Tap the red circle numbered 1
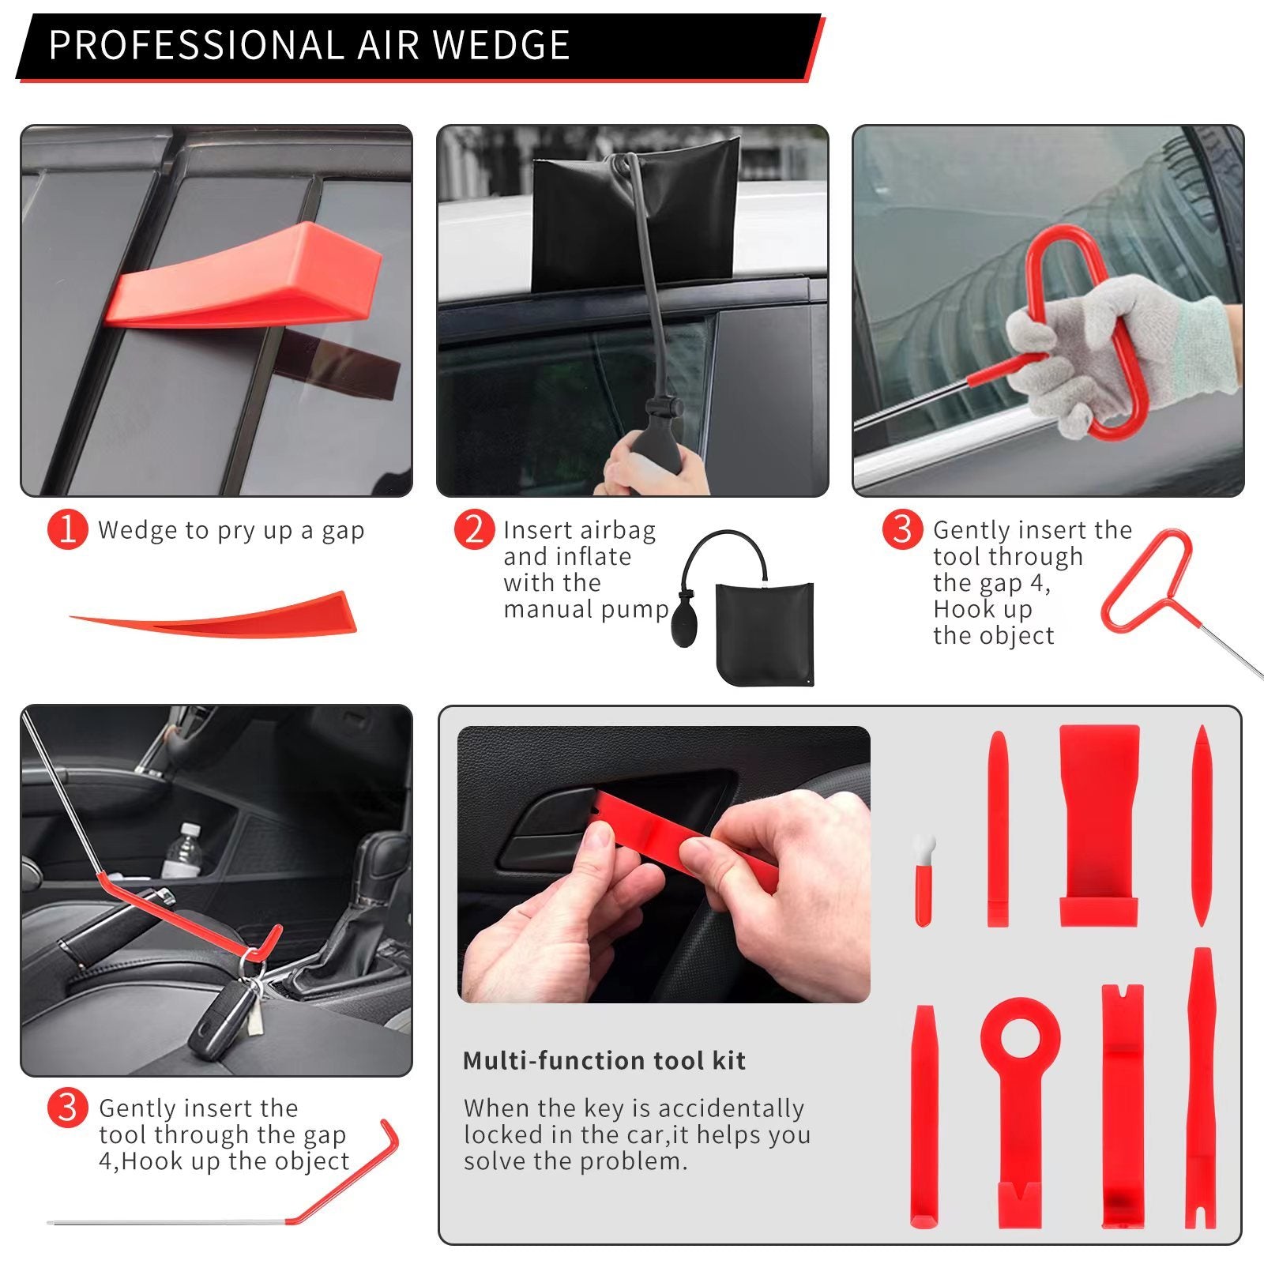point(67,529)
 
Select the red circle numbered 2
point(474,529)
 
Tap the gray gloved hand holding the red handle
point(1122,348)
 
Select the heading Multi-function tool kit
point(604,1060)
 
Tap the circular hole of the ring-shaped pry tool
point(1019,1036)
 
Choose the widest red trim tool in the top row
point(1099,822)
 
